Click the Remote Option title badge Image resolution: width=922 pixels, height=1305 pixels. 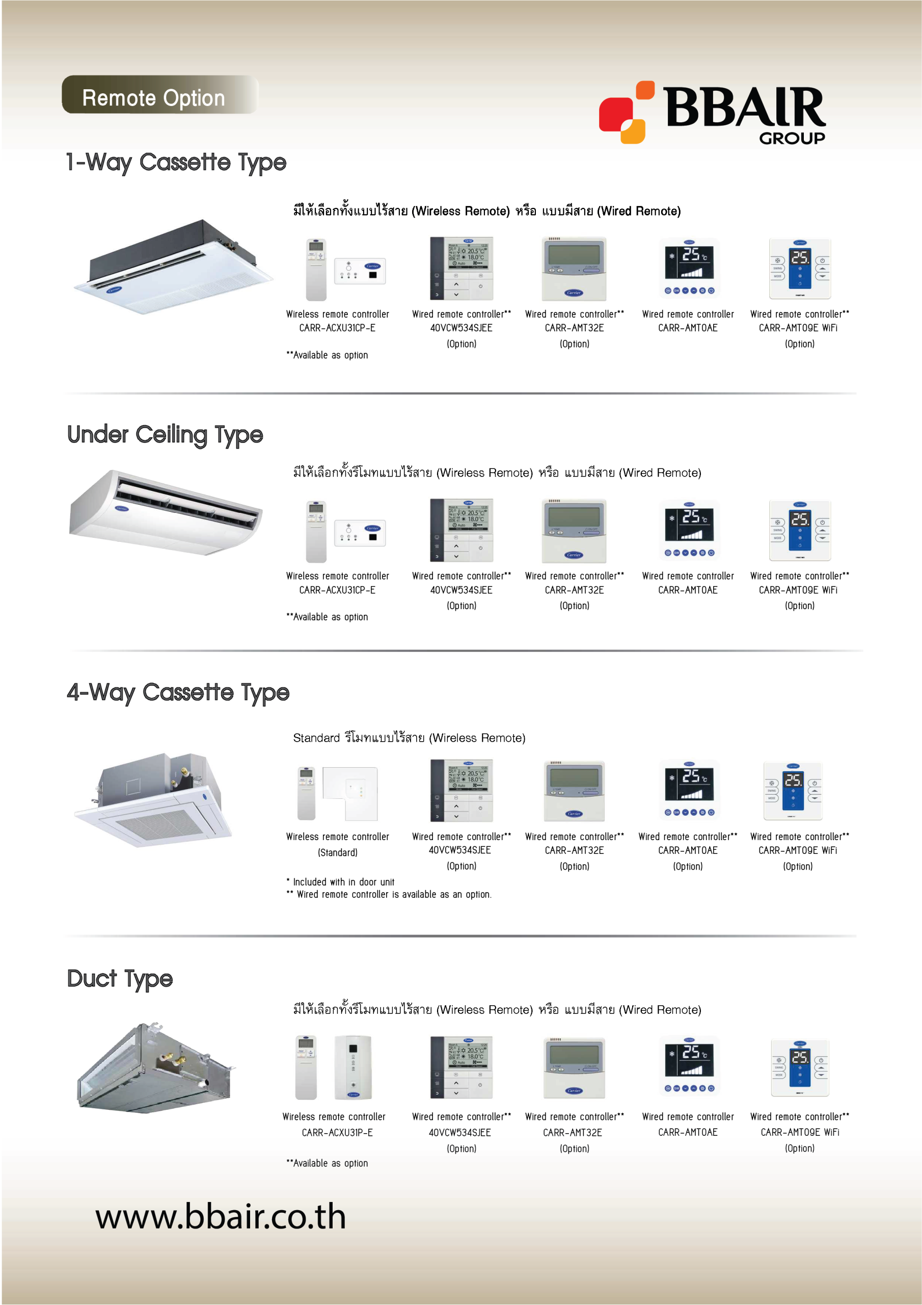coord(159,95)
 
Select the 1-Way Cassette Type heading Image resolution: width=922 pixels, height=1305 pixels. coord(176,163)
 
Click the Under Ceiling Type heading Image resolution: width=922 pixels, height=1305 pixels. coord(166,435)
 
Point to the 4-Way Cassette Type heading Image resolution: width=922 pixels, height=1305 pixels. coord(178,693)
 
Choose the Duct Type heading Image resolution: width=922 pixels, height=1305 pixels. coord(120,979)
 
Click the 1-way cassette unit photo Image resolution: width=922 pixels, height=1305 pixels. coord(174,267)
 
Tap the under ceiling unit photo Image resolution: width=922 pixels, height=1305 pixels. coord(166,512)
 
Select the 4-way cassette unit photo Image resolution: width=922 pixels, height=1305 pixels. coord(154,799)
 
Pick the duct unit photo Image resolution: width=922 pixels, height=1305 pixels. coord(157,1067)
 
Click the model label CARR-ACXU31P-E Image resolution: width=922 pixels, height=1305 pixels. coord(337,1133)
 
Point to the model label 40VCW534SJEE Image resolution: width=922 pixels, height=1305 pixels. coord(459,1133)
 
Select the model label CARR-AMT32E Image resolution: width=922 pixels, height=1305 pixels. coord(572,1133)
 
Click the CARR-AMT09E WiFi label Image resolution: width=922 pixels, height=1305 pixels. coord(799,1132)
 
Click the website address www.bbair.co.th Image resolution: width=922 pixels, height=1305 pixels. coord(221,1216)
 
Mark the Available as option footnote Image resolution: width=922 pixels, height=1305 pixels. coord(327,1163)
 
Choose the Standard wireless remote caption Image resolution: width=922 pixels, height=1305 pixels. coord(409,738)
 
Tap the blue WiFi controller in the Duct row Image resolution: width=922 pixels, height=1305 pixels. coord(800,1067)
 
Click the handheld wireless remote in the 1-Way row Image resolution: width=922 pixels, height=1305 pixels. coord(316,270)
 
